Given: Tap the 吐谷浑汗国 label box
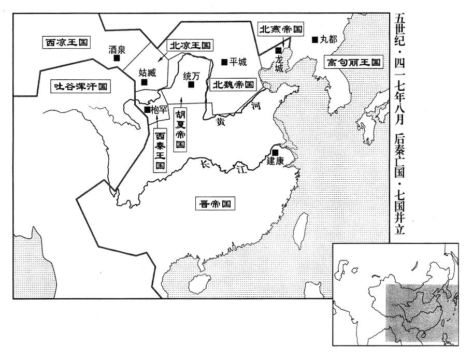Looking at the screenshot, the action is tap(80, 87).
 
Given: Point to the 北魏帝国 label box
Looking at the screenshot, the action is tap(233, 84).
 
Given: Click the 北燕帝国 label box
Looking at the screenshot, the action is tap(280, 29).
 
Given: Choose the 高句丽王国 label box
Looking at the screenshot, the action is tap(354, 62).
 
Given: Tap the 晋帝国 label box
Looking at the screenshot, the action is tap(215, 204).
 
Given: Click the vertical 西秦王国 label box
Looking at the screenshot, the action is tap(160, 151).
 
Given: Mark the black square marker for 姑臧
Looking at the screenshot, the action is tap(145, 82).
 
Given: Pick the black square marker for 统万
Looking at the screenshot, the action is tap(191, 84).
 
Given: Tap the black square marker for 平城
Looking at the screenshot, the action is tap(224, 62).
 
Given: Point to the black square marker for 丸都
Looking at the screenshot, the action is tap(315, 39).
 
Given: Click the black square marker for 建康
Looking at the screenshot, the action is tap(275, 152).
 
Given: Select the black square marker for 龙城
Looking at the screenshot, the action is tap(279, 50).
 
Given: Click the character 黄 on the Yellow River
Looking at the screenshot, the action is tap(221, 121).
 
